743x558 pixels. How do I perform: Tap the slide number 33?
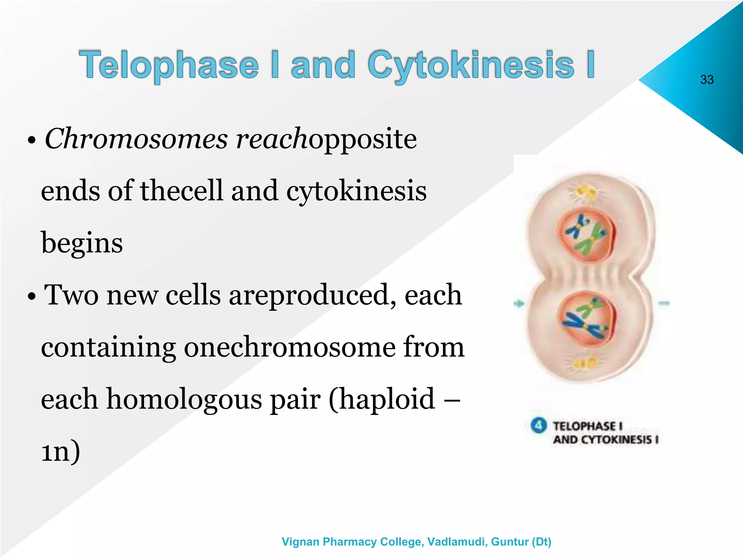pos(707,80)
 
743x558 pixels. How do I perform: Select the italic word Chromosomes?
pos(136,139)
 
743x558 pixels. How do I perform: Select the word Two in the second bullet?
pos(71,295)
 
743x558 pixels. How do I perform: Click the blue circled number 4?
pos(538,425)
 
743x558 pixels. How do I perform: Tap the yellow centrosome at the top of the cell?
pos(585,192)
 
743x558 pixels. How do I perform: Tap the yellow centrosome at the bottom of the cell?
pos(585,363)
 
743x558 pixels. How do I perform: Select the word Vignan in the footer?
pos(301,542)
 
